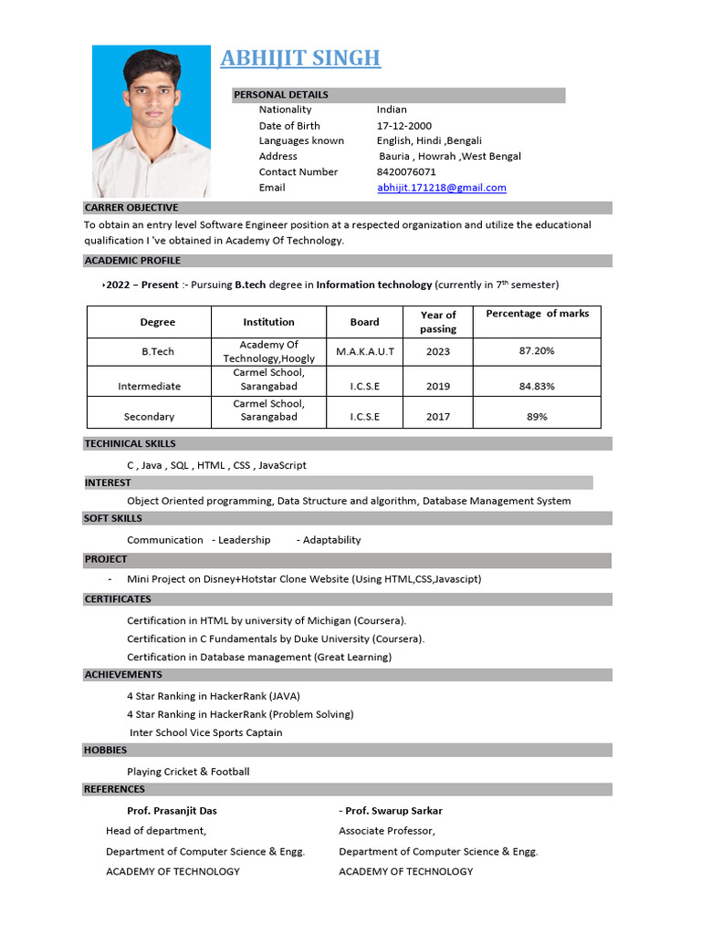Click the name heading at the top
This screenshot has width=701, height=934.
[300, 58]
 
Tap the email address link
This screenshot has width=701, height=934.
[442, 188]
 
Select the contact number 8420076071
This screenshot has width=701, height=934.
[406, 171]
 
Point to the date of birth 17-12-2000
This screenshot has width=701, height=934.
[404, 126]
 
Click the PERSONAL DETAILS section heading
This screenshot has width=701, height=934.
[281, 95]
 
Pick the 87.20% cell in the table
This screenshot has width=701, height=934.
[537, 351]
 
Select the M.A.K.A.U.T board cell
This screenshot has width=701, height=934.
[365, 351]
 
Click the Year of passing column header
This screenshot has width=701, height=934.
[438, 322]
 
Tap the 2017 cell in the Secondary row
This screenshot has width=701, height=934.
[438, 417]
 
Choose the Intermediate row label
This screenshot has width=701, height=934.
[150, 387]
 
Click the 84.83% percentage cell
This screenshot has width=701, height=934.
[537, 387]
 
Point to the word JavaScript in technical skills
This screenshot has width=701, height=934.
[283, 465]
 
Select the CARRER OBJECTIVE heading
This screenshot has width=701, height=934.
[131, 208]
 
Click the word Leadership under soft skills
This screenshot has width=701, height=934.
[244, 540]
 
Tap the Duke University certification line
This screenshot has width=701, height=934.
[276, 638]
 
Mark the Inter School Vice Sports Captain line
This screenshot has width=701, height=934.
[206, 732]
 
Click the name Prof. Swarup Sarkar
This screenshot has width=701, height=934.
[393, 811]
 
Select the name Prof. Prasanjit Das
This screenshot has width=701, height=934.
[172, 811]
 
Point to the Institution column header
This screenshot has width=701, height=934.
[268, 322]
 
